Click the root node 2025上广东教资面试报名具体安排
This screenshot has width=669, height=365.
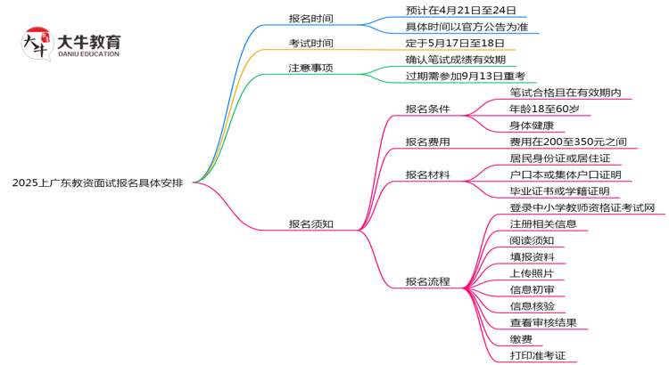(98, 182)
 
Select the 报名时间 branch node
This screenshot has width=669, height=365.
(310, 18)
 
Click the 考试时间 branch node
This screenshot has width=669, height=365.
(310, 43)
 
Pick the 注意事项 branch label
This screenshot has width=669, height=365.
(310, 68)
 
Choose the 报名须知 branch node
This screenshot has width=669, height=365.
(310, 223)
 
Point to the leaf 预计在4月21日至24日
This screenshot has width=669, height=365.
(454, 10)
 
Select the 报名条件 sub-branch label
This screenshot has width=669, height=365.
(427, 109)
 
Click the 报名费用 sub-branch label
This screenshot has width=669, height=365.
(427, 142)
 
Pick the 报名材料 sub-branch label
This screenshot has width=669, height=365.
(427, 174)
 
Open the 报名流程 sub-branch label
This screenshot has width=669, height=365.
(427, 281)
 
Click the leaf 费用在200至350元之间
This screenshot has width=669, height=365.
(568, 142)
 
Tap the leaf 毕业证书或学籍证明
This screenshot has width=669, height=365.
(559, 191)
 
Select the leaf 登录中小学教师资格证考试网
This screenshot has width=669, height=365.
(588, 207)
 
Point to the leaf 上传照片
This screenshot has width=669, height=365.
(532, 273)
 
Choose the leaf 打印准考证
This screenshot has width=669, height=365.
(538, 355)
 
